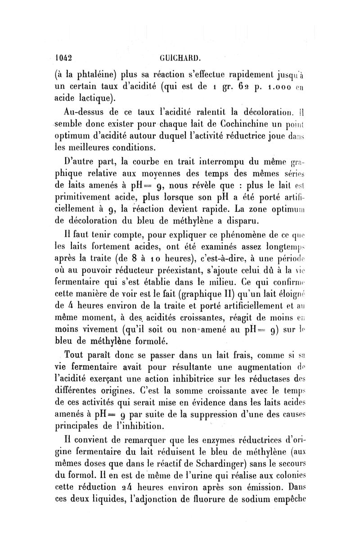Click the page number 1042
(64, 58)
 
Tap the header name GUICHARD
(180, 58)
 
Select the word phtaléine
(96, 75)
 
